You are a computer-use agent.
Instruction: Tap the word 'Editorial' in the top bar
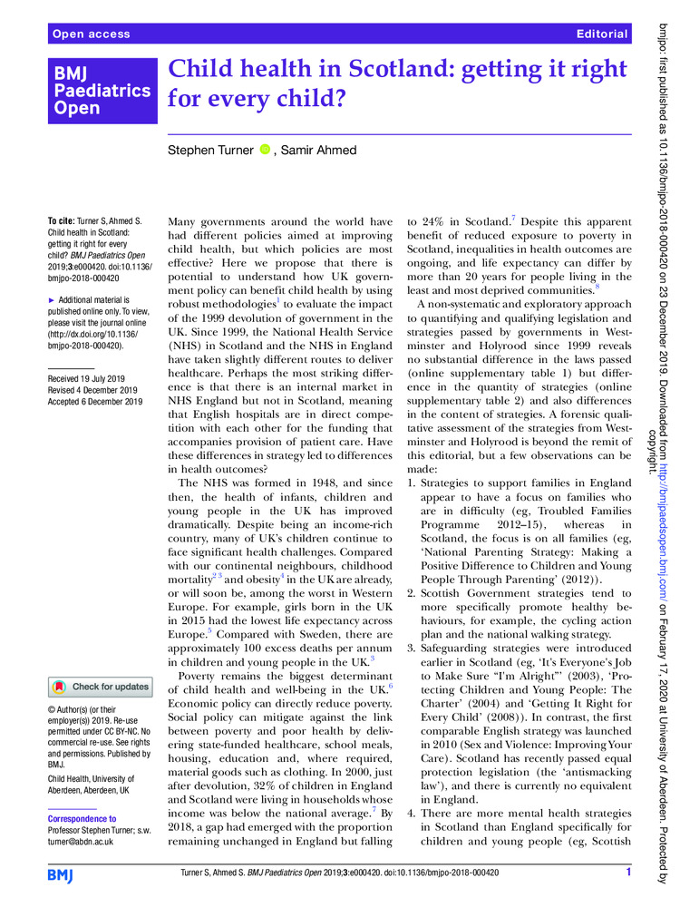click(601, 34)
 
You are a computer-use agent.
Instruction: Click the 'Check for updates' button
click(101, 661)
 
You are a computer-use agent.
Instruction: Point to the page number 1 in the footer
click(627, 873)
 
